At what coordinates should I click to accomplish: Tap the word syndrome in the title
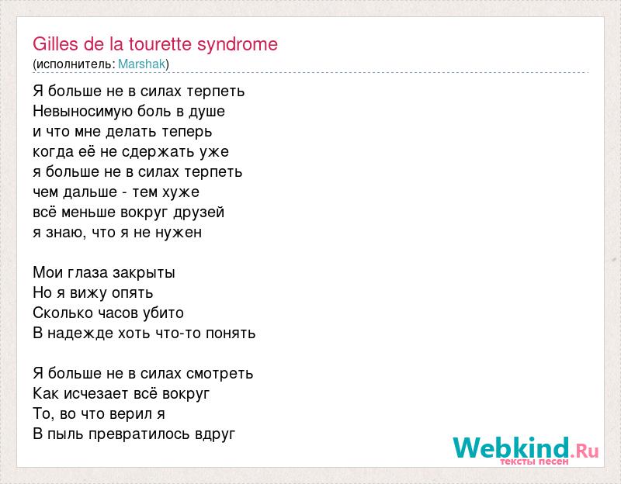point(238,45)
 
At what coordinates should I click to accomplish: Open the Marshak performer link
point(141,64)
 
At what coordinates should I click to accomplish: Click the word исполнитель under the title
point(75,64)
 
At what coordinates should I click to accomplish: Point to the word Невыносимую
point(82,111)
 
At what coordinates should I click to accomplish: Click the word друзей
point(199,213)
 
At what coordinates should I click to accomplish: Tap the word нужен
point(179,233)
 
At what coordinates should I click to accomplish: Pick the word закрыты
point(144,273)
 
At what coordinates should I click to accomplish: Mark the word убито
point(163,313)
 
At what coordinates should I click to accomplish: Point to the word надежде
point(81,334)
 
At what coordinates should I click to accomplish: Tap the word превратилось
point(140,434)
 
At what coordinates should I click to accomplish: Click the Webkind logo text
point(512,448)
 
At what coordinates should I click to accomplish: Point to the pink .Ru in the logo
point(585,451)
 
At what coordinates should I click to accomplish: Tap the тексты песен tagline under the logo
point(534,462)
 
